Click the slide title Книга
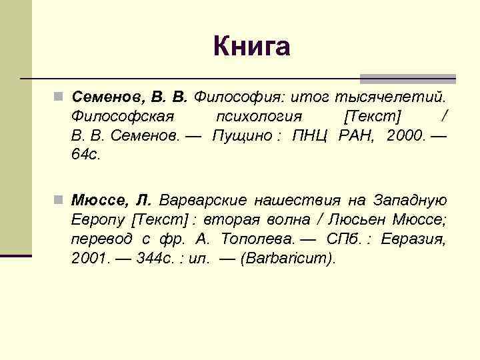(252, 47)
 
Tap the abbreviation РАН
(356, 136)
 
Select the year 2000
(404, 136)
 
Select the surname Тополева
(253, 239)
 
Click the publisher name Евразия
(413, 239)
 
